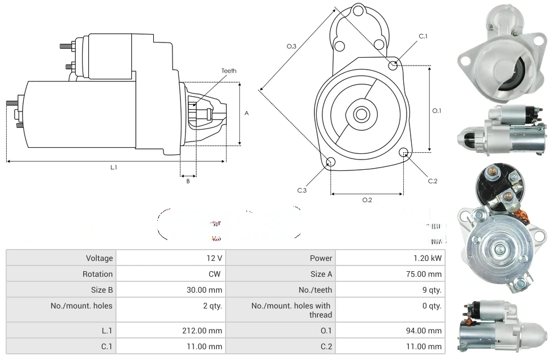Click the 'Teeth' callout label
(x=229, y=71)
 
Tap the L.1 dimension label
(x=114, y=167)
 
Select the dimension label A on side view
(x=247, y=113)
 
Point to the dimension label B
(x=188, y=181)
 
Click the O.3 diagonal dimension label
(x=292, y=46)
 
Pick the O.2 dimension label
(x=367, y=199)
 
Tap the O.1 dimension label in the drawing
(x=437, y=111)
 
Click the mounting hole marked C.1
(x=394, y=65)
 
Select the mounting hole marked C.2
(x=404, y=152)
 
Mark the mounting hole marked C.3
(x=331, y=163)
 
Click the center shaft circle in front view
(x=360, y=114)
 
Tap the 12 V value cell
(x=214, y=258)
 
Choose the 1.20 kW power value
(x=428, y=258)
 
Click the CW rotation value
(x=215, y=274)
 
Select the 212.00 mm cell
(x=207, y=331)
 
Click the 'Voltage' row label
(x=99, y=258)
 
